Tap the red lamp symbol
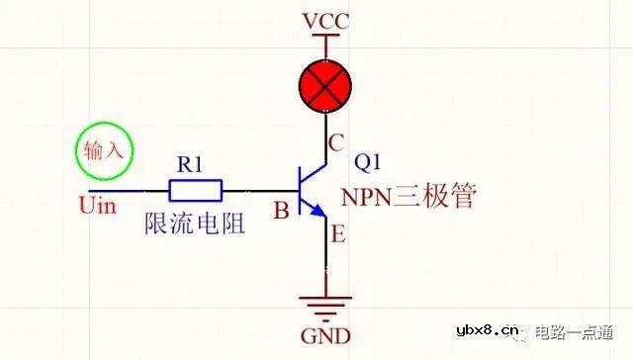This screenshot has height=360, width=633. (325, 86)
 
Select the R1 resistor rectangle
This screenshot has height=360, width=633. (196, 190)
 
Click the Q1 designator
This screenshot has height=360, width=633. (367, 161)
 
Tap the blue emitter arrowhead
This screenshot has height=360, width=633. (317, 213)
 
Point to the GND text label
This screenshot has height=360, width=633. (325, 336)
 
